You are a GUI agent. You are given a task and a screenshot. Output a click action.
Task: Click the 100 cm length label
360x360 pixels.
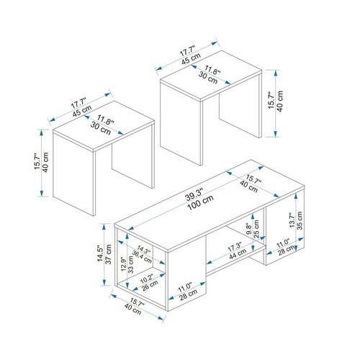click(x=200, y=202)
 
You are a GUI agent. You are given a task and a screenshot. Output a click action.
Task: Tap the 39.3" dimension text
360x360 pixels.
click(x=194, y=194)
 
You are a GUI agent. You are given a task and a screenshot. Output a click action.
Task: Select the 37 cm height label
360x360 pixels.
click(x=109, y=254)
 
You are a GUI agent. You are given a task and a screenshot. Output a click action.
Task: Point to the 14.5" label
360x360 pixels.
click(x=100, y=253)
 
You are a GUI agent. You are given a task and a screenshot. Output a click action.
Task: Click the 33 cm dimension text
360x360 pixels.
click(x=130, y=264)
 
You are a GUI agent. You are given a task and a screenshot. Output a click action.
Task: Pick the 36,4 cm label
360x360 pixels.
click(x=142, y=257)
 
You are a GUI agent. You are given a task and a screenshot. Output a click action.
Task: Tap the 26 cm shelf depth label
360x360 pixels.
click(x=150, y=285)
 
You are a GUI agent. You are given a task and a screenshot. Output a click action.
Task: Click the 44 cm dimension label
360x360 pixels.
click(x=238, y=254)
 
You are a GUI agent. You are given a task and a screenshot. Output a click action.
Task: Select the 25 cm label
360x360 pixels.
click(x=256, y=229)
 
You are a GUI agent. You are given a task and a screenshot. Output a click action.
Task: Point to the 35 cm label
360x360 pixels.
click(x=300, y=220)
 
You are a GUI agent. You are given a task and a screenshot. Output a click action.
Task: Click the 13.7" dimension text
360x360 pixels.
click(x=292, y=220)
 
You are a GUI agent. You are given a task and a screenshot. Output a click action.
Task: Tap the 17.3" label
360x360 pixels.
click(x=235, y=247)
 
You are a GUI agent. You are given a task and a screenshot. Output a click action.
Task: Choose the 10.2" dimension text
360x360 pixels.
click(x=147, y=279)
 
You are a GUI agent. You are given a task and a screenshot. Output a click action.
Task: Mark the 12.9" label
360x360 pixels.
click(x=123, y=264)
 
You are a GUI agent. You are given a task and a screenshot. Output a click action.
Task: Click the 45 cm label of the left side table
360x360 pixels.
click(x=82, y=111)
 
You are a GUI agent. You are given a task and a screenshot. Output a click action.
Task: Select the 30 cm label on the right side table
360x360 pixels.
click(x=208, y=78)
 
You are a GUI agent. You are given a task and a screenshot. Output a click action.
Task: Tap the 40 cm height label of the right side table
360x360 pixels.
click(x=280, y=101)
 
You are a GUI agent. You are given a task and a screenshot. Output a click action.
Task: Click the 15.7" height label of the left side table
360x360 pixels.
click(x=37, y=161)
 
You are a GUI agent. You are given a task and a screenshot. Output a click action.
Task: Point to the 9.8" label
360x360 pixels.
click(x=249, y=229)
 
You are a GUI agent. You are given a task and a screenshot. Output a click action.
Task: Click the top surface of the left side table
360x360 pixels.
click(x=104, y=126)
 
